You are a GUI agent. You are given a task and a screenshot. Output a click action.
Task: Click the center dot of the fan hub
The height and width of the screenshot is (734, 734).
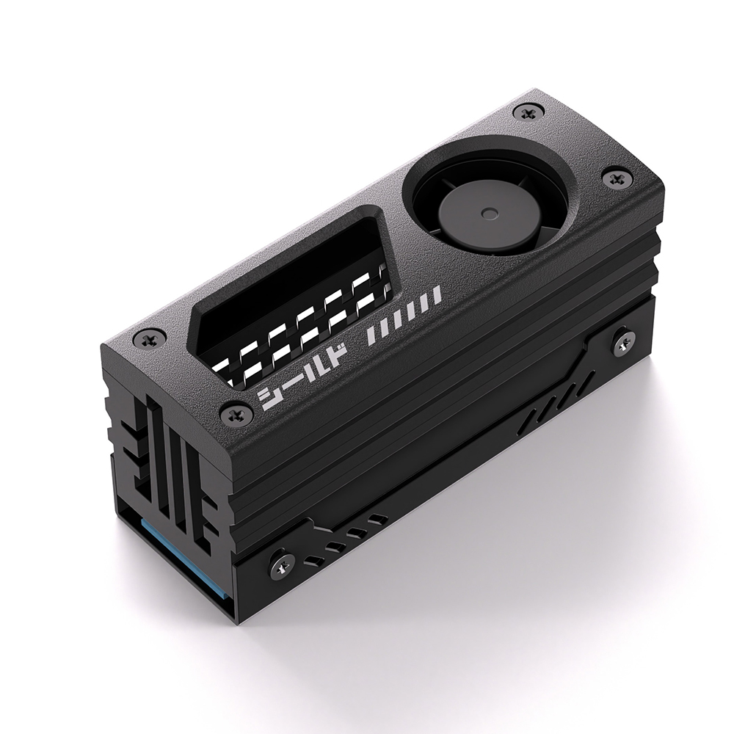(490, 214)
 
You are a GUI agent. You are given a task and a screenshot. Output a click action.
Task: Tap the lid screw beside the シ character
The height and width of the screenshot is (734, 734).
(236, 415)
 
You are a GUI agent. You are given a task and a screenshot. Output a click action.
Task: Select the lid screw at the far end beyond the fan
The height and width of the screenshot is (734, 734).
(528, 112)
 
